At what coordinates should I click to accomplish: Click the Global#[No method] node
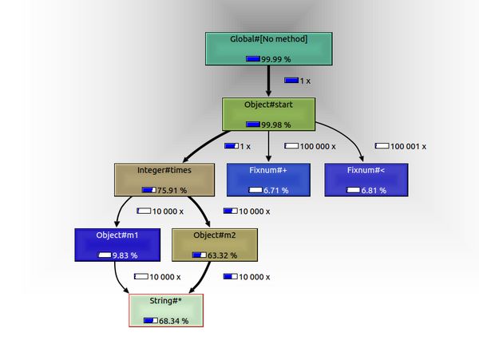pos(269,49)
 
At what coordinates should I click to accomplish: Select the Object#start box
pos(268,114)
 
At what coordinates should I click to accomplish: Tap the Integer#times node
pos(164,180)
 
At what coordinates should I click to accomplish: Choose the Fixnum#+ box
pos(268,180)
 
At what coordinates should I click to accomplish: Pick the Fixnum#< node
pos(366,180)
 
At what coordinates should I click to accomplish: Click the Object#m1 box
pos(117,245)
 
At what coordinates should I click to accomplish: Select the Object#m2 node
pos(215,245)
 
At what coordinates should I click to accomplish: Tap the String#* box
pos(166,311)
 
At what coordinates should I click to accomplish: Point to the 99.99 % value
pos(276,59)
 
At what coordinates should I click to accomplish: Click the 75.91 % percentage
pos(172,190)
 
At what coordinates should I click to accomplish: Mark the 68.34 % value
pos(173,321)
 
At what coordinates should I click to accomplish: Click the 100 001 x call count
pos(408,147)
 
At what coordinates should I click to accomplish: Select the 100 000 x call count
pos(318,147)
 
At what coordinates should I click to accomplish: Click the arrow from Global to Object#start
pos(268,81)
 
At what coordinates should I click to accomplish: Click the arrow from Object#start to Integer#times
pos(204,144)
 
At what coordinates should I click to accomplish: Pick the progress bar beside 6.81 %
pos(353,190)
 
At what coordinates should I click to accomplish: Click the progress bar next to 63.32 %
pos(199,255)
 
